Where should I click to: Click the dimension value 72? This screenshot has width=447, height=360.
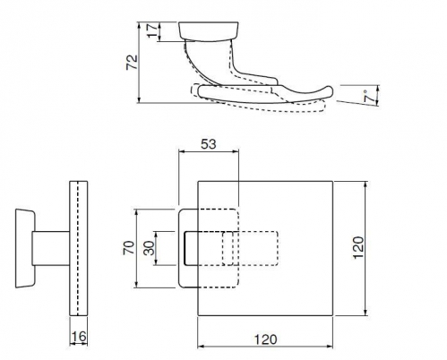click(x=133, y=62)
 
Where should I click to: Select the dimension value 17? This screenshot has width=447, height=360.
click(x=152, y=30)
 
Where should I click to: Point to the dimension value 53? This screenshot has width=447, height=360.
click(x=208, y=144)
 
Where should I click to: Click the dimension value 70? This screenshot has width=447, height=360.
click(x=128, y=247)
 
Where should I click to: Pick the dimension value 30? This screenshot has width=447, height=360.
click(x=149, y=248)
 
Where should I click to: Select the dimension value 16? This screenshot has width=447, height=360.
click(x=79, y=337)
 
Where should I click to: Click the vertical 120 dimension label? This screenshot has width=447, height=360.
click(x=358, y=248)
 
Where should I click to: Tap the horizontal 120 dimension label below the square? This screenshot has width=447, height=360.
click(x=265, y=339)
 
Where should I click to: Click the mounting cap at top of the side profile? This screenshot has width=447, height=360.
click(x=209, y=30)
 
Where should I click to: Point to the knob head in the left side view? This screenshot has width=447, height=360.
click(x=25, y=248)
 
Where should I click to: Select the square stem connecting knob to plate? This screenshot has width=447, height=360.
click(x=51, y=248)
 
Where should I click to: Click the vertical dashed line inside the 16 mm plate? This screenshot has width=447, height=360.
click(x=78, y=248)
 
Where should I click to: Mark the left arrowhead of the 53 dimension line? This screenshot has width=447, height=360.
click(x=181, y=151)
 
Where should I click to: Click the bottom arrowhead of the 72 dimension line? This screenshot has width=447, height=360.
click(x=139, y=99)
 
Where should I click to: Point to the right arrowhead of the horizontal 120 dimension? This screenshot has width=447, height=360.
click(x=330, y=347)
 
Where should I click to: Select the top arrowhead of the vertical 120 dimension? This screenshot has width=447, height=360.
click(x=366, y=184)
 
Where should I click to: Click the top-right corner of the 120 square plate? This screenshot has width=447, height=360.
click(x=332, y=181)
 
